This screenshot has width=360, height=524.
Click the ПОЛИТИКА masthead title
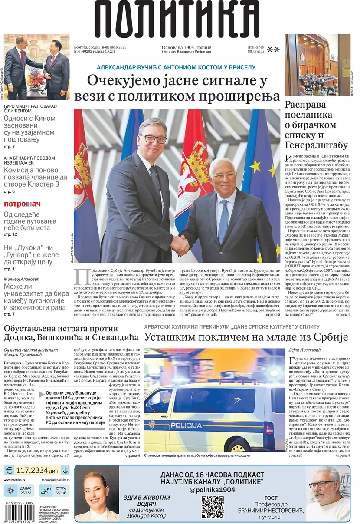(180, 20)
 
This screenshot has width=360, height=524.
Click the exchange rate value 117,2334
(31, 470)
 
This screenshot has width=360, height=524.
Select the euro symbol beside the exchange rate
(9, 470)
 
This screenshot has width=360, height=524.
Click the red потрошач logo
(22, 204)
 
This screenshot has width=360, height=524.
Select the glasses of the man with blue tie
(224, 176)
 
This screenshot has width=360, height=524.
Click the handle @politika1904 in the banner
(212, 489)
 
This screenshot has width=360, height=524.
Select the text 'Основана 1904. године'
(187, 48)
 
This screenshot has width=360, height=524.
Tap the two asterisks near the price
(273, 49)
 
